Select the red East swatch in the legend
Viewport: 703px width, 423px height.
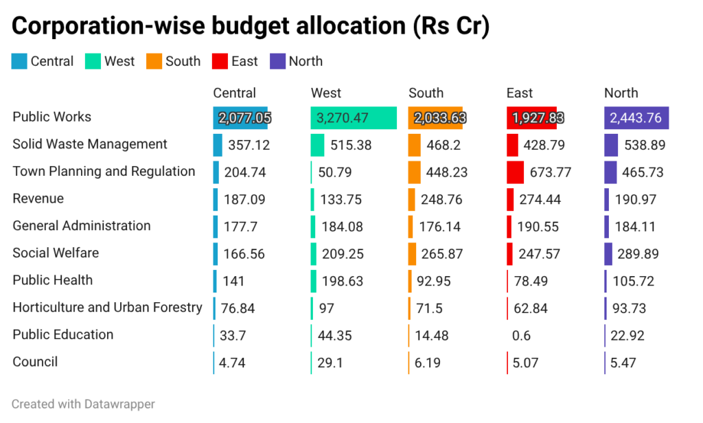220,62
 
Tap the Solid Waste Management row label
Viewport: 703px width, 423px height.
90,144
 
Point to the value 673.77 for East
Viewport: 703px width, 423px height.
551,172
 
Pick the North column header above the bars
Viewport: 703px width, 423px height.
621,93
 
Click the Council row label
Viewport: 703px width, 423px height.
35,362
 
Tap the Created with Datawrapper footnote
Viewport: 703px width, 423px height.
83,404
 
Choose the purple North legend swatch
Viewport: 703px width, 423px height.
277,62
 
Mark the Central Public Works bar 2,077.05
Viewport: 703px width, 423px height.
240,118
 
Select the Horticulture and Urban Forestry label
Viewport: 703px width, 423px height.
107,307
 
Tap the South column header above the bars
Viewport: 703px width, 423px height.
426,93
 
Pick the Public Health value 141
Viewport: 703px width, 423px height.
233,281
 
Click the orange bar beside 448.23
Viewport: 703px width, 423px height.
414,172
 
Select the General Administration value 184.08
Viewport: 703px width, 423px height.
341,227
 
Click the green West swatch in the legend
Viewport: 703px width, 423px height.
93,62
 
